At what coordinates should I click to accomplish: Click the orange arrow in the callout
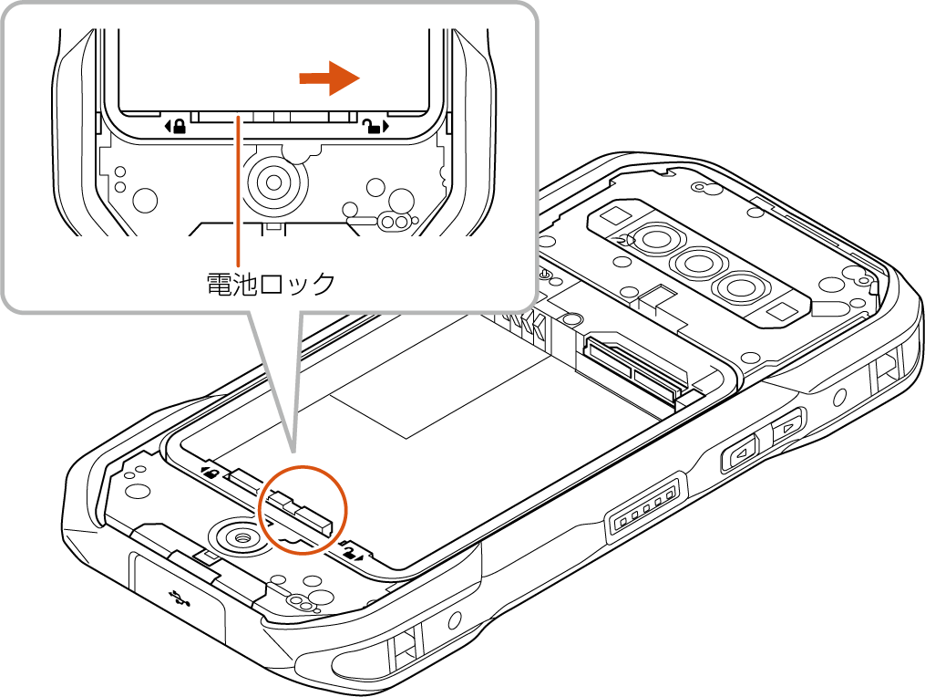pyautogui.click(x=329, y=78)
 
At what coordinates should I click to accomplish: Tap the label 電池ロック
pyautogui.click(x=271, y=284)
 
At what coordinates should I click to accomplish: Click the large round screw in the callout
pyautogui.click(x=274, y=182)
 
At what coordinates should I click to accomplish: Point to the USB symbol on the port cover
pyautogui.click(x=178, y=598)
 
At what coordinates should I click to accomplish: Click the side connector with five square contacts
pyautogui.click(x=645, y=510)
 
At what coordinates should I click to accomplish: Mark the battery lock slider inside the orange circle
pyautogui.click(x=301, y=510)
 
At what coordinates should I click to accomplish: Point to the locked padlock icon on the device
pyautogui.click(x=211, y=473)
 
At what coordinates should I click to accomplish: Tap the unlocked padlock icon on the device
pyautogui.click(x=351, y=552)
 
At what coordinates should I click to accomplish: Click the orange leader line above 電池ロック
pyautogui.click(x=238, y=191)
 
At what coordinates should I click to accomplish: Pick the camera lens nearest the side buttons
pyautogui.click(x=737, y=288)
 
